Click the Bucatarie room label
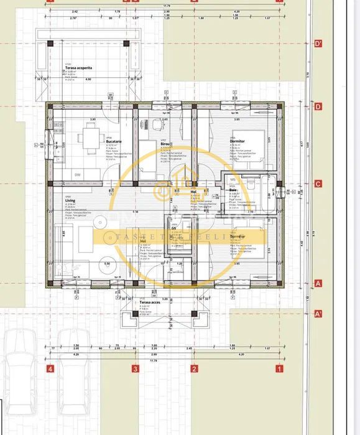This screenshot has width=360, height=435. (x=114, y=141)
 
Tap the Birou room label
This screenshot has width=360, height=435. (x=165, y=143)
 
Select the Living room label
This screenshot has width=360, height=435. (x=70, y=201)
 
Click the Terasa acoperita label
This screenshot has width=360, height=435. (x=79, y=67)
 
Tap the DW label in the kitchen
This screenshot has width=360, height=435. (x=78, y=175)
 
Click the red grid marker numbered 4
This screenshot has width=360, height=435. (x=50, y=368)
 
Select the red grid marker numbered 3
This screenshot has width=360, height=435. (x=135, y=368)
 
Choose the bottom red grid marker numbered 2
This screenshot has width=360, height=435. (x=194, y=368)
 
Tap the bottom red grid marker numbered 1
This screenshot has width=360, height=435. (x=279, y=368)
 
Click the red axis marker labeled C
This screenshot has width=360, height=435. (x=318, y=184)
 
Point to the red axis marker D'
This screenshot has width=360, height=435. (x=318, y=44)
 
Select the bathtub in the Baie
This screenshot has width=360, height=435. (x=270, y=195)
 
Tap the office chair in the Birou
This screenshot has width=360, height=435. (x=145, y=123)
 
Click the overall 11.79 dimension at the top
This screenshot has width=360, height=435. (x=166, y=6)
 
